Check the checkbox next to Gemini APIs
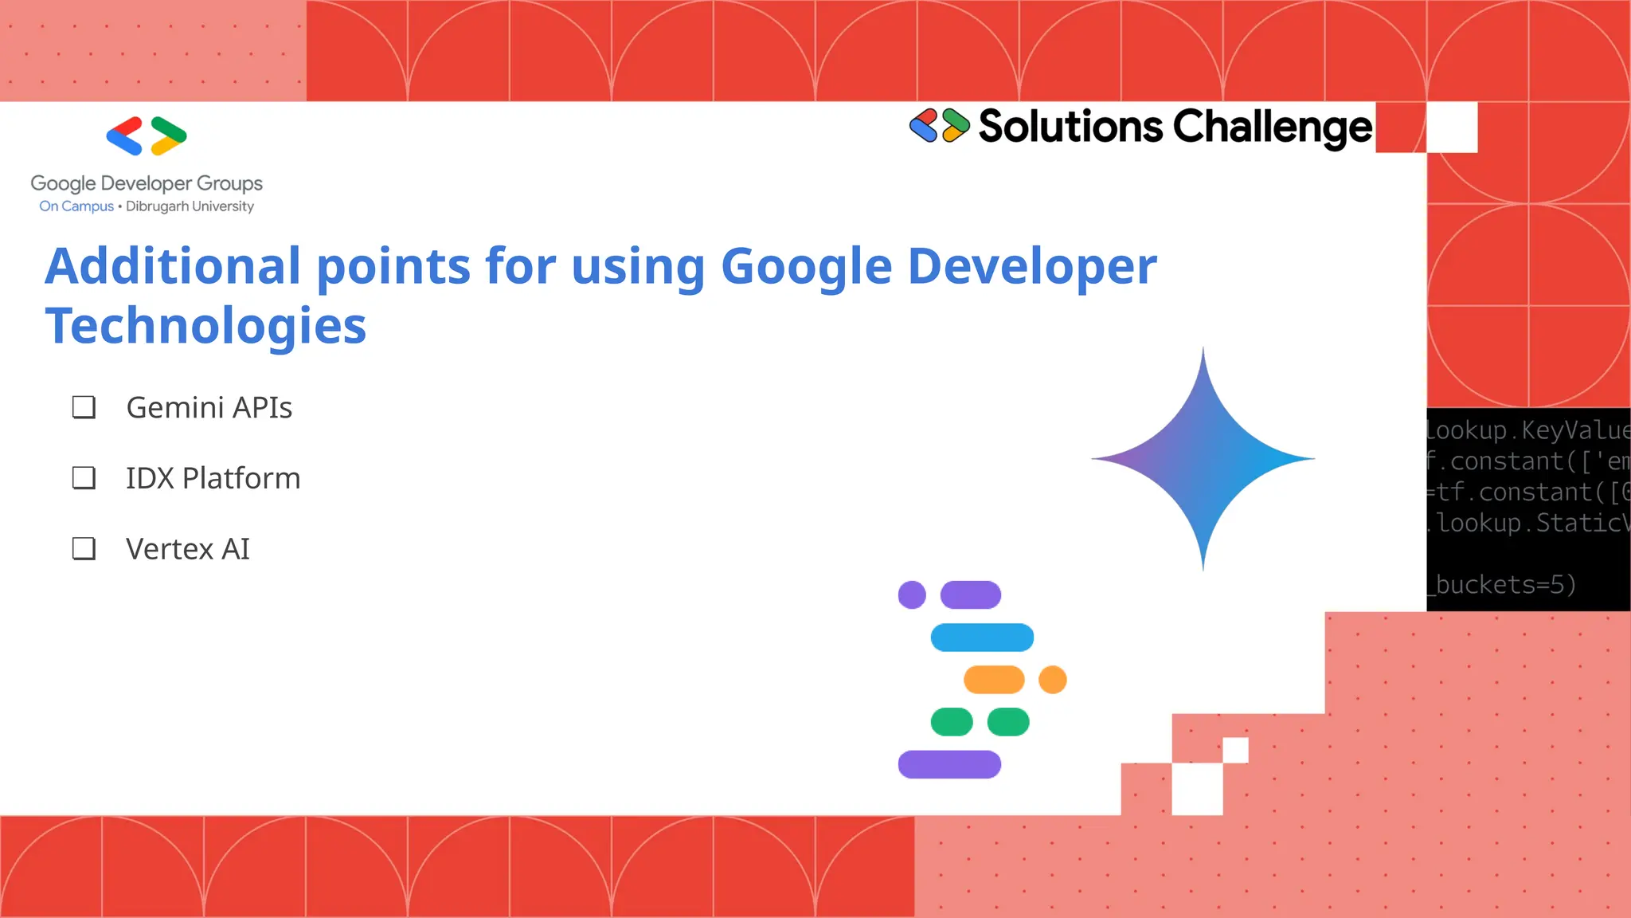pos(84,407)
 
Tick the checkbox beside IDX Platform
pos(84,478)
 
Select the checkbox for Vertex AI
pos(84,548)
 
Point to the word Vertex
pos(170,549)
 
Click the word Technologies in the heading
pos(205,326)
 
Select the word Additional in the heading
pos(173,266)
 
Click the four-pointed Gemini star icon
pos(1203,459)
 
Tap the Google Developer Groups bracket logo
pos(147,136)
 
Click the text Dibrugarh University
pos(190,206)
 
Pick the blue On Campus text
pos(76,206)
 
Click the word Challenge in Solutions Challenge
pos(1273,127)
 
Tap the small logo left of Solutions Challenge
pos(940,126)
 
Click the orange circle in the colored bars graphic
pos(1052,680)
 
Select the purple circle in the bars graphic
pos(912,594)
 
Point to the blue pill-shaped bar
pos(982,637)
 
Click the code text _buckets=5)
pos(1504,585)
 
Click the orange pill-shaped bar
pos(994,680)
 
